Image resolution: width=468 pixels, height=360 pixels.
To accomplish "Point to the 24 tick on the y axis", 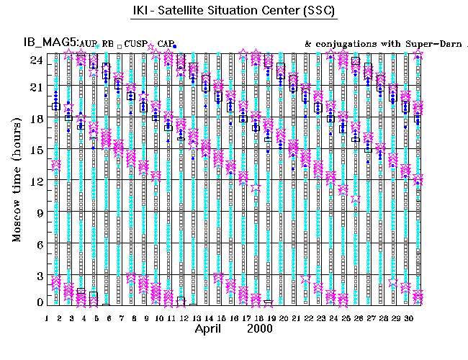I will tap(35, 60).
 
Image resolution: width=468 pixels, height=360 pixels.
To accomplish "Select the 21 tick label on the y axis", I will tap(35, 87).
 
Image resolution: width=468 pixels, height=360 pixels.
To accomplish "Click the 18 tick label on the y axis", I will tap(35, 118).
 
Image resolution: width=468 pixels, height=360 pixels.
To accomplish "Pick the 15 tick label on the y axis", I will tap(35, 150).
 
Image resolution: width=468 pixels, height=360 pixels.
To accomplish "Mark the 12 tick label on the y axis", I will tap(35, 181).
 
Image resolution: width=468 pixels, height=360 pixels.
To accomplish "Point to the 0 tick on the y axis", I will tap(38, 302).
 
